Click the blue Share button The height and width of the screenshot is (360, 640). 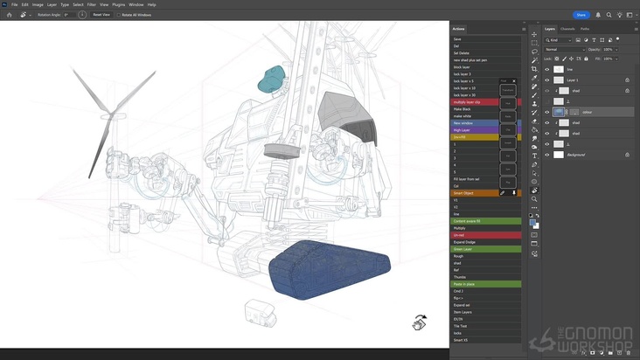point(581,15)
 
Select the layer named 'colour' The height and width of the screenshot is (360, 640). point(588,112)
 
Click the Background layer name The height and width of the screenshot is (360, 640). point(577,155)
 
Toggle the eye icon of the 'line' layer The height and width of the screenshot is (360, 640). point(547,69)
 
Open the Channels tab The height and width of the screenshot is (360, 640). point(567,29)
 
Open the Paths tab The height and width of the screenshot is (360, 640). point(585,29)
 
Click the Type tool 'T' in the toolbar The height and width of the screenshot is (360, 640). point(534,156)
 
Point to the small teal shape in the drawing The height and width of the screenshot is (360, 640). point(273,79)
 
